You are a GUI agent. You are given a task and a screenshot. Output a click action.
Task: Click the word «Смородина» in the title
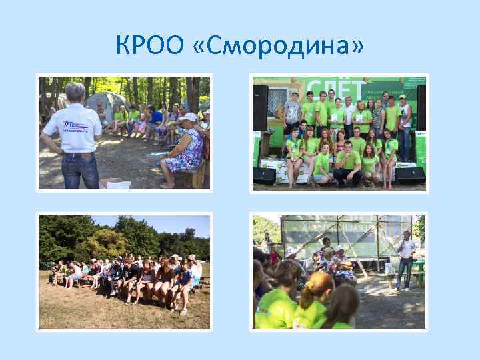click(x=287, y=45)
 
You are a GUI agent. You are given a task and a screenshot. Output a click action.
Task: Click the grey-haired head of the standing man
click(x=75, y=91)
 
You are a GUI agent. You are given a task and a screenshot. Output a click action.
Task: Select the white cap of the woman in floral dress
click(x=188, y=117)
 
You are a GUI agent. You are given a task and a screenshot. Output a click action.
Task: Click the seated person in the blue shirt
click(x=155, y=117)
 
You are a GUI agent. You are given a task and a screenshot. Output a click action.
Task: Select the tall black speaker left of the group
click(x=260, y=107)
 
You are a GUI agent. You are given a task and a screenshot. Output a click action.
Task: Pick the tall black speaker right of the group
click(x=421, y=107)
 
